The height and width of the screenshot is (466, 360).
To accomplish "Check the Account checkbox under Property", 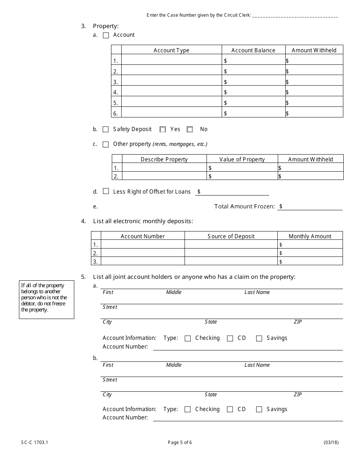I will pos(106,35).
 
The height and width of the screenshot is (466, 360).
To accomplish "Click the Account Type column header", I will pos(171,50).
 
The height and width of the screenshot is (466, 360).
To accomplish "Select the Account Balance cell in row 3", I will pos(253,81).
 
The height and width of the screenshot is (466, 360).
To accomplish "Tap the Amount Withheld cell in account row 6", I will pos(314,113).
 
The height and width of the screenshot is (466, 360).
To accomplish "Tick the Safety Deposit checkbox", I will pos(106,129).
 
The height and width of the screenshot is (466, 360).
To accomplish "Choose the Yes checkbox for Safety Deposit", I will pos(163,129).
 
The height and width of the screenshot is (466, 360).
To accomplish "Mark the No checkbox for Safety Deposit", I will pos(190,129).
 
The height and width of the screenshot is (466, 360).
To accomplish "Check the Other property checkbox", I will pos(106,144).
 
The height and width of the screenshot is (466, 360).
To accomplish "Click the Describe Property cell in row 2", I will pos(164,176).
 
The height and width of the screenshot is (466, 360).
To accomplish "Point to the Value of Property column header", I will pos(242,159).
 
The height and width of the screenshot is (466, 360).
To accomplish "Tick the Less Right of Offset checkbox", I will pos(106,191).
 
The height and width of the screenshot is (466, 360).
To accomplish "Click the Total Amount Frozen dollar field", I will pos(311,206).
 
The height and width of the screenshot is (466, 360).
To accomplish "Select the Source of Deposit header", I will pos(231,236).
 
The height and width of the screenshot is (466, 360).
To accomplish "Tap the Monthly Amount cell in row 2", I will pos(310,253).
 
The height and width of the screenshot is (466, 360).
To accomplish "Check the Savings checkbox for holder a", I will pos(259,338).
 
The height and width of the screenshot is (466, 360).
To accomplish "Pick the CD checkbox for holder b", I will pos(230,409).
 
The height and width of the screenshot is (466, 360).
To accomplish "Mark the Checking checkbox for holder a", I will pos(188,338).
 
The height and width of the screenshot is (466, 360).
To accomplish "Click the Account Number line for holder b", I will pos(247,418).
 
